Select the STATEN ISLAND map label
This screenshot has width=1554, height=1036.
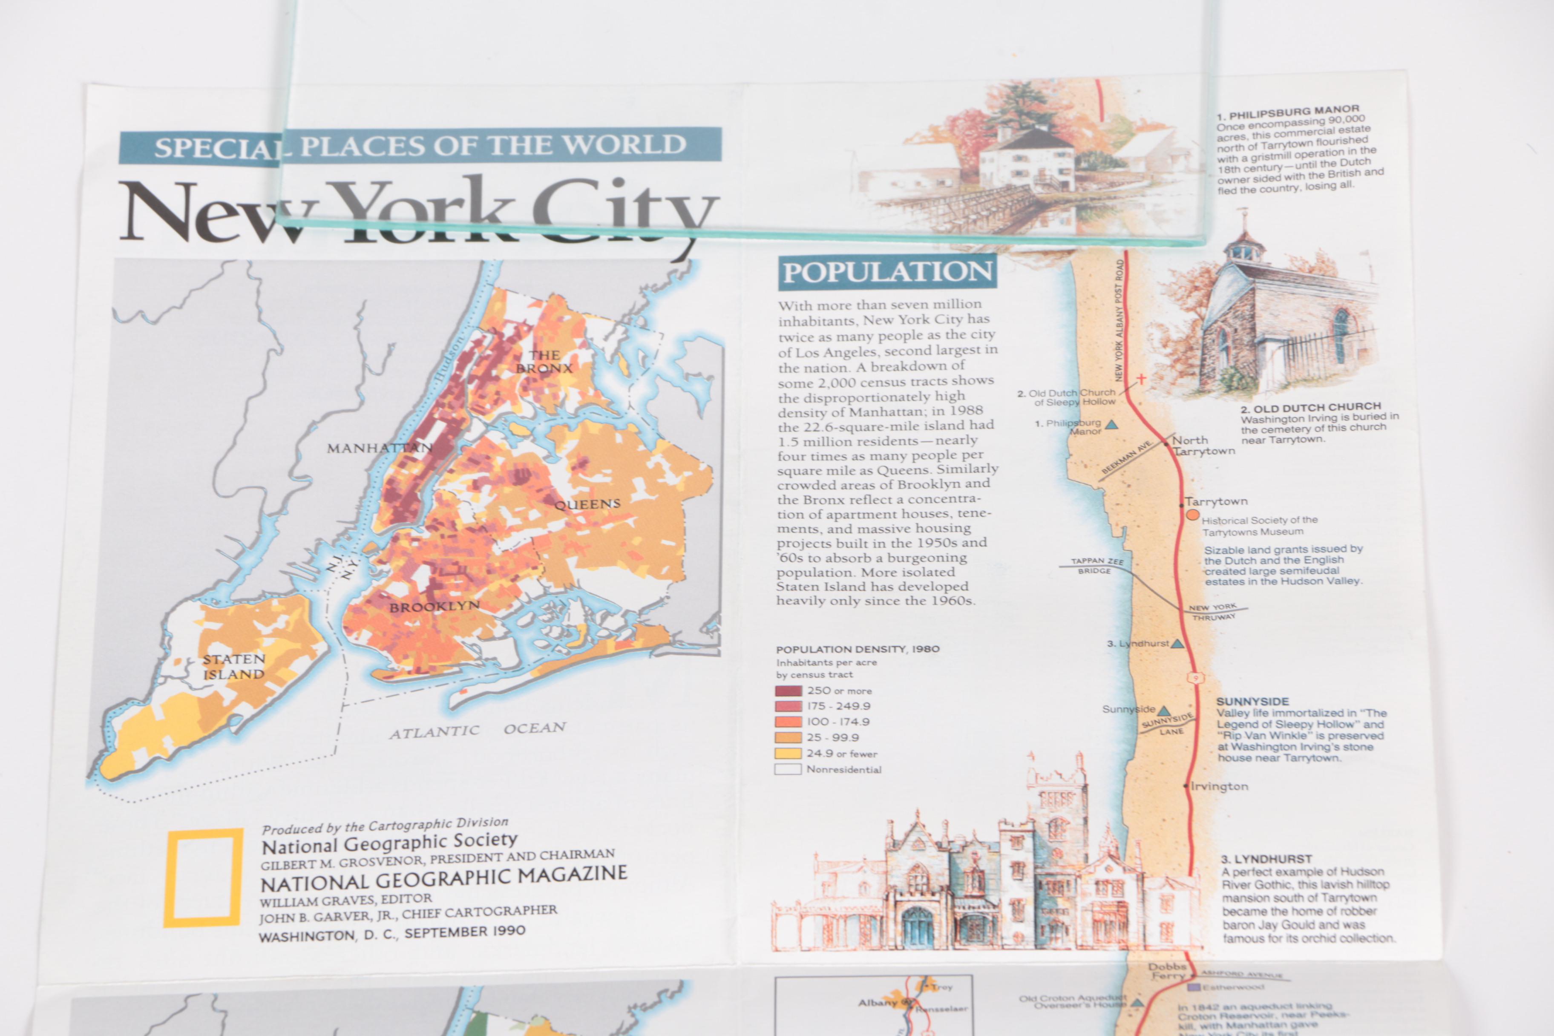(x=234, y=667)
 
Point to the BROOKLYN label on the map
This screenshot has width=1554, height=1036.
(x=434, y=607)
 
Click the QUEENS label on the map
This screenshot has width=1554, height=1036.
(x=587, y=504)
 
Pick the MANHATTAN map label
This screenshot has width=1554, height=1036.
(x=379, y=448)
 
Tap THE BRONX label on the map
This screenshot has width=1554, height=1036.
(x=544, y=361)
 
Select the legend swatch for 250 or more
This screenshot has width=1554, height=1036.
(x=788, y=691)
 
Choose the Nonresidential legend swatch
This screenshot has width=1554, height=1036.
(x=788, y=769)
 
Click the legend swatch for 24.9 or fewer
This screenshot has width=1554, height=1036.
(x=788, y=753)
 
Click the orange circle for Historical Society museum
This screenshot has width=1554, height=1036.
(x=1193, y=515)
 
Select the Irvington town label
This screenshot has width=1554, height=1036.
(x=1219, y=786)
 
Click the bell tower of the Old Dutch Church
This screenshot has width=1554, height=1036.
(x=1243, y=245)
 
